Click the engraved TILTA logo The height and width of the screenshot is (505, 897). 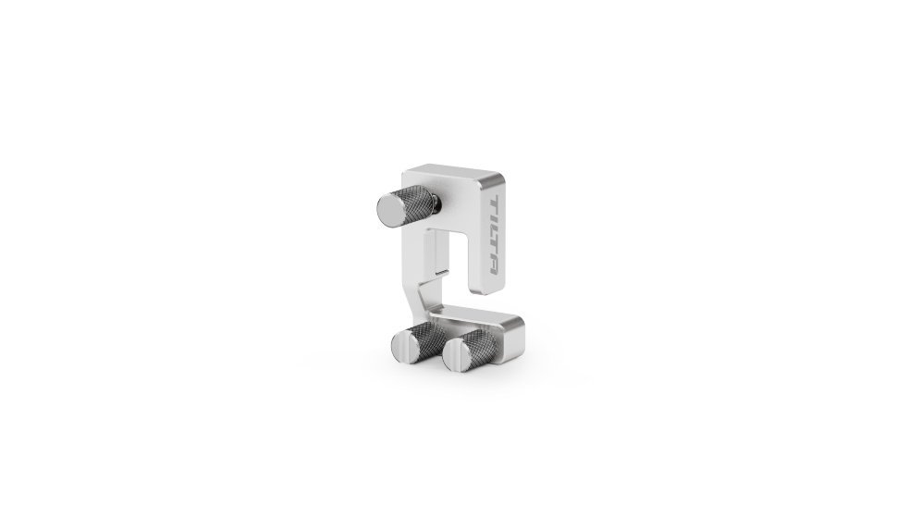coord(495,235)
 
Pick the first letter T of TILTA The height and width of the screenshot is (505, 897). coord(495,204)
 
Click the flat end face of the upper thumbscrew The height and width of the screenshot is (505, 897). coord(391,208)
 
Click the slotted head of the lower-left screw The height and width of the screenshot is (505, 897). coord(404,345)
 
